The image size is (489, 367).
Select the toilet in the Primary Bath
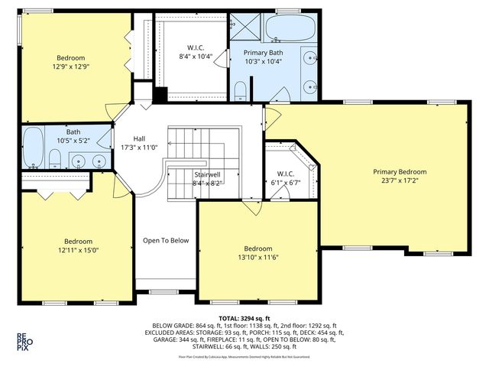pos(241,93)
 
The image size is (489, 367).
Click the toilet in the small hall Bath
pos(54,159)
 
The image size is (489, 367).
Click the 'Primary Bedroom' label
pos(400,172)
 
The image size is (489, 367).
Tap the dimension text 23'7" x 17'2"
pos(400,181)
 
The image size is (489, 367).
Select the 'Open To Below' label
pos(165,241)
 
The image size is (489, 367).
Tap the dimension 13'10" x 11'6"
pos(257,258)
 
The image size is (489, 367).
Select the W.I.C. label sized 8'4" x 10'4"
pos(196,57)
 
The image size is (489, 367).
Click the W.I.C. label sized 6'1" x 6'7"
pos(286,183)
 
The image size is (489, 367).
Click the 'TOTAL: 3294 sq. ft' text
pos(244,317)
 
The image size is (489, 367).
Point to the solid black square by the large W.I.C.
pos(160,96)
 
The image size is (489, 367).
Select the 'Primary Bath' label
pos(263,52)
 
